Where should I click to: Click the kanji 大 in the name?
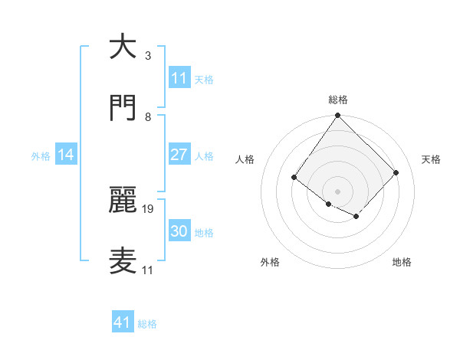[122, 47]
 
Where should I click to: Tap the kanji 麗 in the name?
[122, 198]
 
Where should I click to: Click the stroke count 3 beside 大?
[147, 56]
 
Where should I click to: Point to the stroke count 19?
[149, 208]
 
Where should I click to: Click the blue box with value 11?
[179, 78]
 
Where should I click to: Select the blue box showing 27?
[179, 155]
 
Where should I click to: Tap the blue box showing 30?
[179, 231]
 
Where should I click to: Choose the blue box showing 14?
[66, 155]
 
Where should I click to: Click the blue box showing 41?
[123, 323]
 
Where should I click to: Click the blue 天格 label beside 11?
[204, 80]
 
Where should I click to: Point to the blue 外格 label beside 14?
[41, 156]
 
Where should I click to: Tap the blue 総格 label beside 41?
[147, 325]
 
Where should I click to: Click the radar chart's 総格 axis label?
[337, 100]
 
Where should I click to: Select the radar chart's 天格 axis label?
[431, 159]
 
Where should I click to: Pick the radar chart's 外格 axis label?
[270, 263]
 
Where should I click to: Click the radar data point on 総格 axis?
[337, 116]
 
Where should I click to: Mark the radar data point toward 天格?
[396, 172]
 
